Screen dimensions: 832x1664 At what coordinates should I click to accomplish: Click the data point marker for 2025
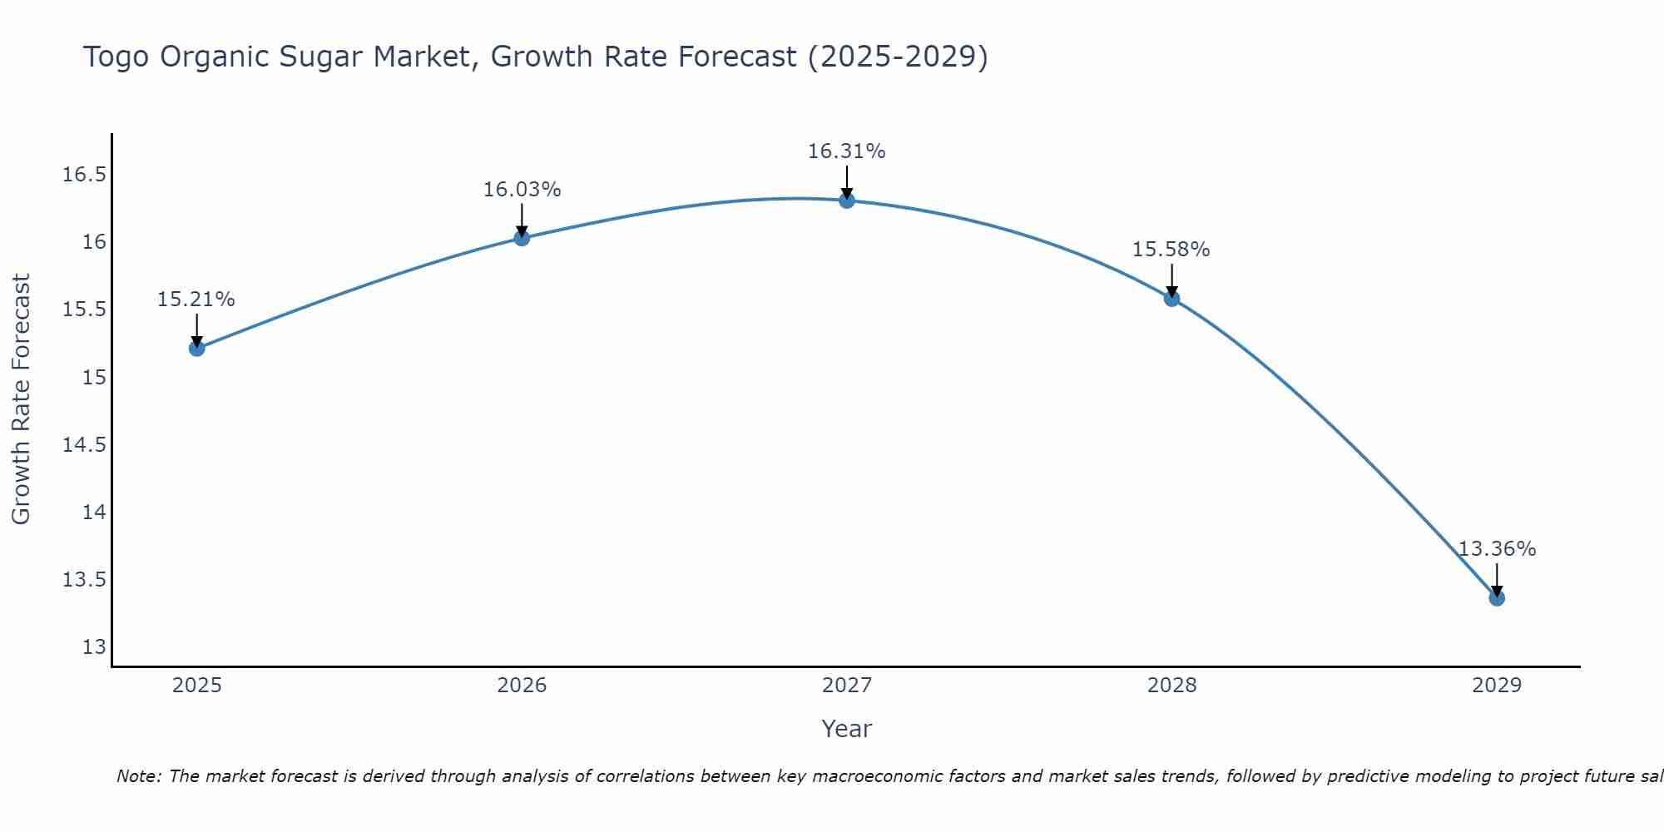(x=197, y=348)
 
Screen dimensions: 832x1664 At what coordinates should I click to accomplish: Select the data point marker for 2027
(x=847, y=200)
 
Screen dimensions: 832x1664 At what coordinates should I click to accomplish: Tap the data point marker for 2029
(x=1497, y=597)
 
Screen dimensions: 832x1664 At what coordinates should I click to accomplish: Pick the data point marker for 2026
(x=522, y=238)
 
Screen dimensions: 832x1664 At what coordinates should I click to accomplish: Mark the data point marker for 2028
(x=1171, y=298)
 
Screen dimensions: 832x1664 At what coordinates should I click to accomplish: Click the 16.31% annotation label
(x=847, y=151)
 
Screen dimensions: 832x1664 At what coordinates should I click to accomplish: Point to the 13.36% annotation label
(x=1497, y=549)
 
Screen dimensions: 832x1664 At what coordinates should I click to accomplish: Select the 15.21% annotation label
(x=196, y=300)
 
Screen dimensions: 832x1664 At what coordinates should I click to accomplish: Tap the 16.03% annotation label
(x=522, y=190)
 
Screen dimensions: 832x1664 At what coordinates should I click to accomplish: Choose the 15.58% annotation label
(x=1171, y=250)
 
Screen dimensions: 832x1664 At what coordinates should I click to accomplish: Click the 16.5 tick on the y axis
(x=84, y=175)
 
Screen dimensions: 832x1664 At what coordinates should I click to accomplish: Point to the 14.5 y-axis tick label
(x=84, y=445)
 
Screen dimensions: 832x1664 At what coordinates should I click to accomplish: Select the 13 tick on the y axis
(x=94, y=647)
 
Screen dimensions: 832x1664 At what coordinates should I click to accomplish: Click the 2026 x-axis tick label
(x=522, y=686)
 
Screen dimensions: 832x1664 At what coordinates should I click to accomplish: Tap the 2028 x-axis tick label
(x=1171, y=686)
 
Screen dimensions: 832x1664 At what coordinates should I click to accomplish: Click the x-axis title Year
(x=847, y=729)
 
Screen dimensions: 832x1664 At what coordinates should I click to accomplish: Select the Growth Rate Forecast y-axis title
(x=21, y=399)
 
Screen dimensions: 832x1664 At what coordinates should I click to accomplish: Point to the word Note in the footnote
(x=138, y=776)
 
